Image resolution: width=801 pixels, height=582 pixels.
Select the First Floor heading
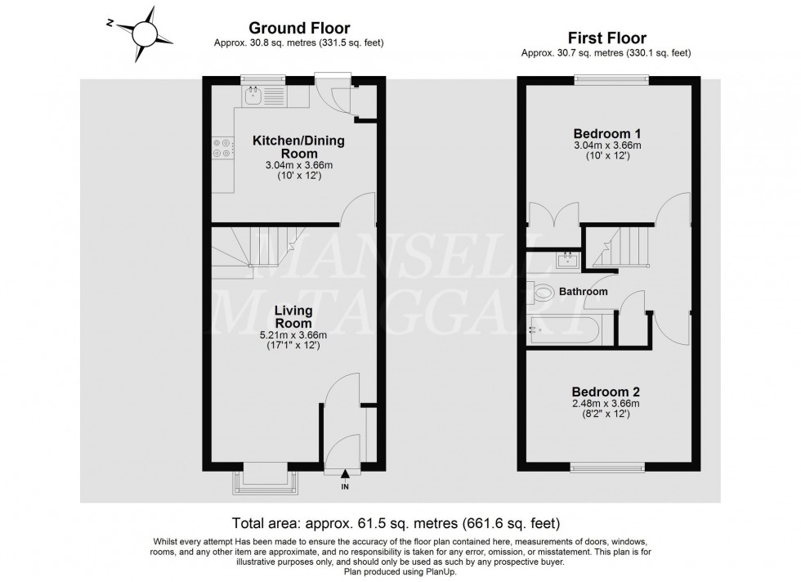click(x=606, y=38)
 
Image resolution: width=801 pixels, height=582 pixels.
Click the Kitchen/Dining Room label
click(x=298, y=147)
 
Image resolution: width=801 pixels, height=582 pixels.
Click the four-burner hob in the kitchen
click(x=222, y=146)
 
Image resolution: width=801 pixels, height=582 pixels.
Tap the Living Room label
click(x=294, y=317)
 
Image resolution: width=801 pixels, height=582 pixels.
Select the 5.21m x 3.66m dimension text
click(x=294, y=334)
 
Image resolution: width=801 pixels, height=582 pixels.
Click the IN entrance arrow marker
click(x=345, y=474)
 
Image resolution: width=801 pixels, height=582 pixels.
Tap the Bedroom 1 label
click(x=606, y=133)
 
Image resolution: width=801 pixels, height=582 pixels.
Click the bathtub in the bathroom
click(x=564, y=330)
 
